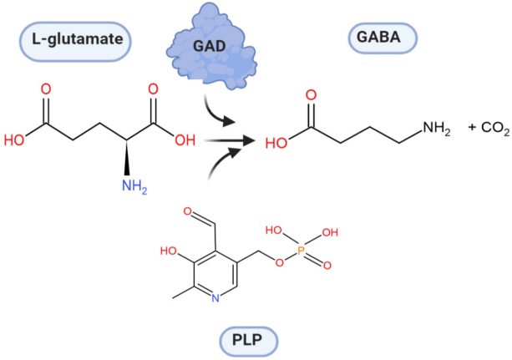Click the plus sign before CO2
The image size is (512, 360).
[473, 127]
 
